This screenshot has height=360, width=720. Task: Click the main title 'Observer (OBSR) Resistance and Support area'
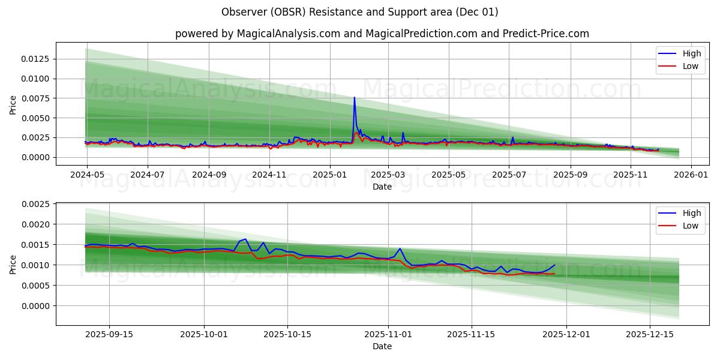coord(359,12)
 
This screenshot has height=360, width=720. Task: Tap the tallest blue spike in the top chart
coord(354,97)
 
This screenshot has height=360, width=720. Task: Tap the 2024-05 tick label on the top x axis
coord(87,174)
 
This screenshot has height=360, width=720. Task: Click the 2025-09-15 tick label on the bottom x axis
coord(109,334)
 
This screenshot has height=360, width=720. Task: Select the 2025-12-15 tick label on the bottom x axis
coord(650,334)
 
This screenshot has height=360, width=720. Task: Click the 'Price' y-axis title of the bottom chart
coord(13,264)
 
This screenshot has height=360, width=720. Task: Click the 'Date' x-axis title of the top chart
coord(382,187)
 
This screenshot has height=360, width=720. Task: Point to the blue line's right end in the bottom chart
coord(554,265)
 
